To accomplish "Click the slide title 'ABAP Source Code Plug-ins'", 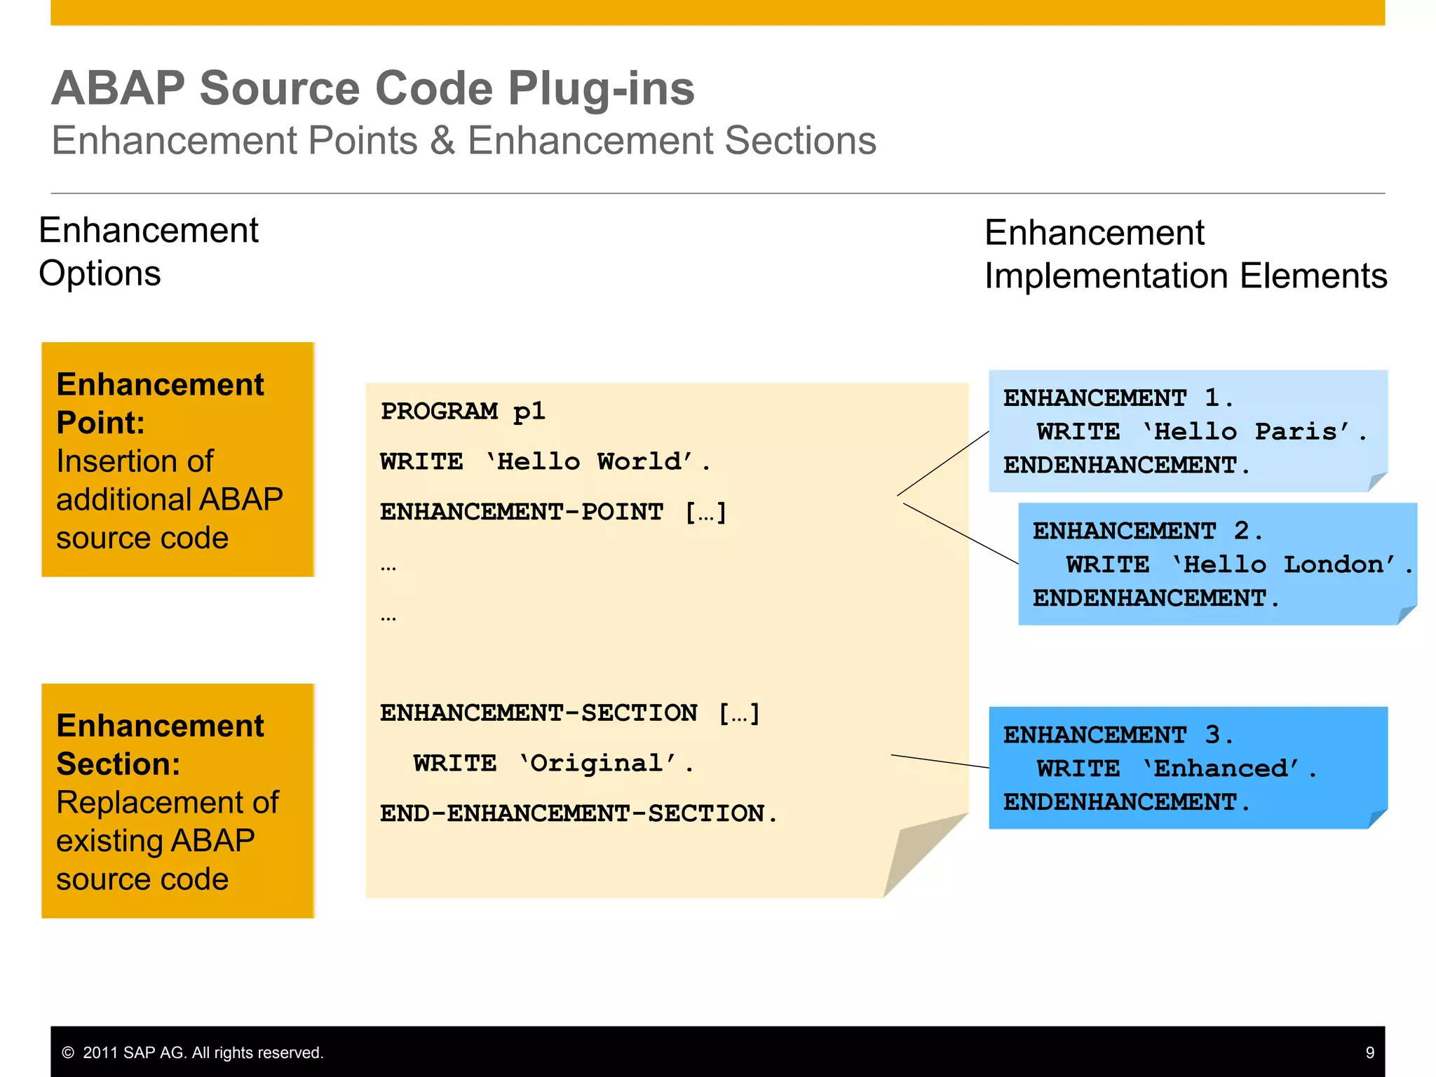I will [372, 88].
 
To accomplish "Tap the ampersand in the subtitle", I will [442, 141].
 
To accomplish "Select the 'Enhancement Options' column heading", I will [148, 251].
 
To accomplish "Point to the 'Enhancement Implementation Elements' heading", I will [1185, 254].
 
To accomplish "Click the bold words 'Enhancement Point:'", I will [160, 403].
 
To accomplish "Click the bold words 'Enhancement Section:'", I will [160, 745].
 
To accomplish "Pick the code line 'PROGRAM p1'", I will [463, 411].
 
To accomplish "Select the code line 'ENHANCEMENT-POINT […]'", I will [553, 512].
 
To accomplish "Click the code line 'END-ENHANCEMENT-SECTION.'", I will [578, 813].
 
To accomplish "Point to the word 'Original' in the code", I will [596, 763].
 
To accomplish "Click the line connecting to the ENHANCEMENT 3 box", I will [940, 761].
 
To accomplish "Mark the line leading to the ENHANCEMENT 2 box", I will [961, 534].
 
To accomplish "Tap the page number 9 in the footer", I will [1369, 1052].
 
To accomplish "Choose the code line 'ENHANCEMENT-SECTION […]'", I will [570, 713].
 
